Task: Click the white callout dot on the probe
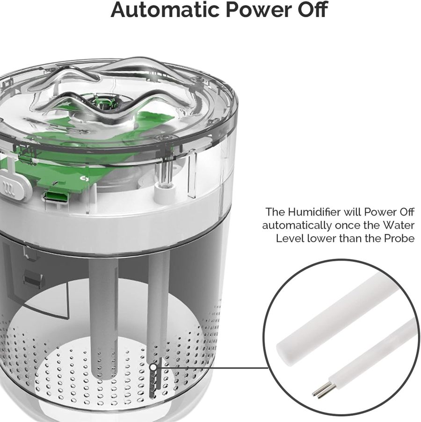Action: tap(153, 368)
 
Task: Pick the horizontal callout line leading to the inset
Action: tap(210, 368)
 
